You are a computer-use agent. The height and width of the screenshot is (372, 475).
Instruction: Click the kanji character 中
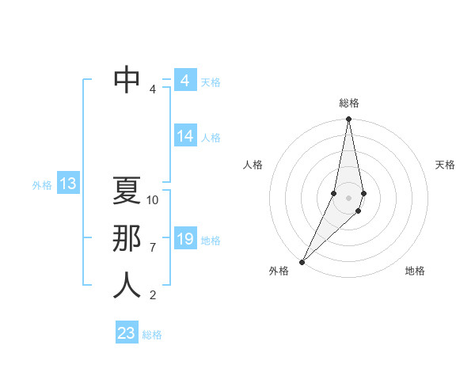pyautogui.click(x=127, y=79)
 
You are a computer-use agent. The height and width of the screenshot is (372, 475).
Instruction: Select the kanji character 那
pyautogui.click(x=127, y=238)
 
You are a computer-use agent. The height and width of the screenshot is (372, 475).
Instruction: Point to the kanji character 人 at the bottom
pyautogui.click(x=127, y=286)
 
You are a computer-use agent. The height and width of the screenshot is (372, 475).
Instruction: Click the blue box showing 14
pyautogui.click(x=185, y=136)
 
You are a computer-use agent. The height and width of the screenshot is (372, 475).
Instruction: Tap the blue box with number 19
pyautogui.click(x=185, y=238)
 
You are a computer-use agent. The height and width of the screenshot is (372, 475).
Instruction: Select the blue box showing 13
pyautogui.click(x=67, y=184)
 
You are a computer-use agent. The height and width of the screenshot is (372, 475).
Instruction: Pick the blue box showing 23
pyautogui.click(x=127, y=333)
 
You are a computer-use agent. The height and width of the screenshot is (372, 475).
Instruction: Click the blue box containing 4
pyautogui.click(x=184, y=81)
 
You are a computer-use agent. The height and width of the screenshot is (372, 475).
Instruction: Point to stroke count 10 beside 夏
pyautogui.click(x=153, y=200)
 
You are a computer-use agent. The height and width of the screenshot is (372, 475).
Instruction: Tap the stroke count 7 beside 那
pyautogui.click(x=153, y=248)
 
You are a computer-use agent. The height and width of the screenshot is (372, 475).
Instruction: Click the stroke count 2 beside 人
pyautogui.click(x=153, y=295)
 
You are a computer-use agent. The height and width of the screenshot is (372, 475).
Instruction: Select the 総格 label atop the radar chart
pyautogui.click(x=348, y=104)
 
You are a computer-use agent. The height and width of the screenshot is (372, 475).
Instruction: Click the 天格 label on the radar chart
pyautogui.click(x=445, y=165)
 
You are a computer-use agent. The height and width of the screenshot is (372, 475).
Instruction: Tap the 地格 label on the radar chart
pyautogui.click(x=415, y=271)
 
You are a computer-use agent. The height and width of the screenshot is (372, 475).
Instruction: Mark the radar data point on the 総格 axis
pyautogui.click(x=348, y=120)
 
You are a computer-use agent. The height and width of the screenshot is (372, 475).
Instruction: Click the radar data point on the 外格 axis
pyautogui.click(x=302, y=261)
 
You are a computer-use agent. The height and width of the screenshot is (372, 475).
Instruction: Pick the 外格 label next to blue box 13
pyautogui.click(x=42, y=185)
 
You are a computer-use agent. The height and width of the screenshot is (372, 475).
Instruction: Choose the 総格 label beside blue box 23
pyautogui.click(x=152, y=335)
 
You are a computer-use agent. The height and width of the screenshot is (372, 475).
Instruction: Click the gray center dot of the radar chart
pyautogui.click(x=348, y=197)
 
